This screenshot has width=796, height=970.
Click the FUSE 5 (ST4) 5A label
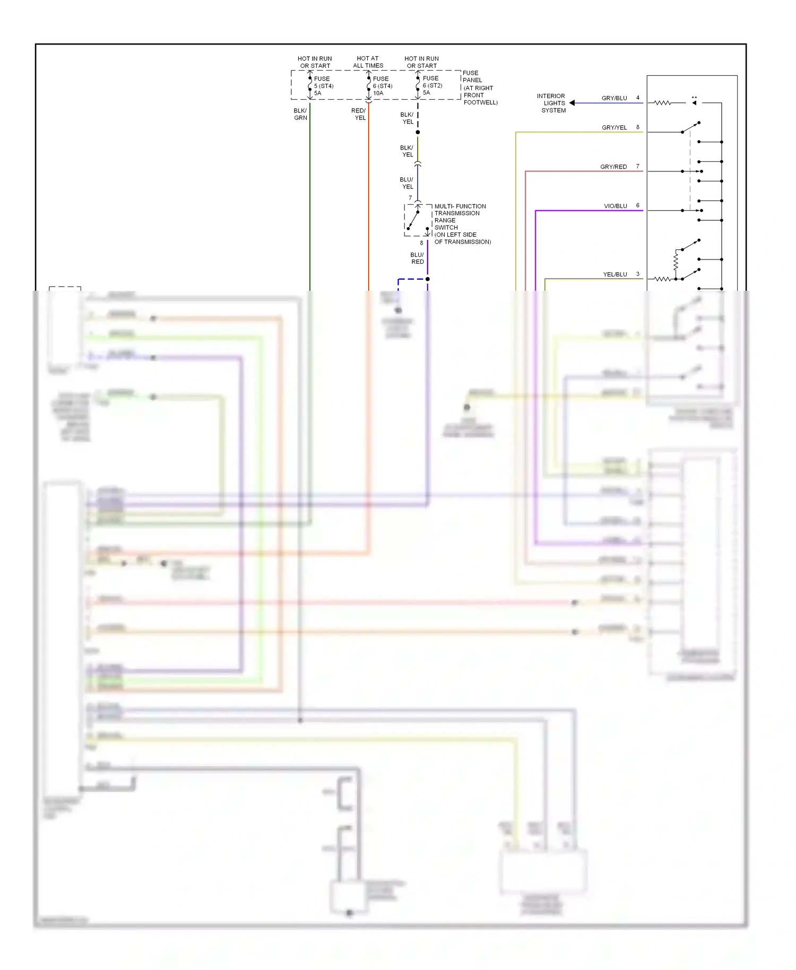tap(323, 86)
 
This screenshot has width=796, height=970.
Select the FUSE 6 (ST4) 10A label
tap(382, 86)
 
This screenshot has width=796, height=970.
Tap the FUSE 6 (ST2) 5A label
tap(432, 85)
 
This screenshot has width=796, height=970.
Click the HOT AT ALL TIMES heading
tap(368, 62)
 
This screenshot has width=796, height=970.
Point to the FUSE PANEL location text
tap(479, 88)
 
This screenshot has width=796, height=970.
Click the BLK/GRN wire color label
tap(300, 114)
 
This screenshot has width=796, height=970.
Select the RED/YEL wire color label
tap(359, 114)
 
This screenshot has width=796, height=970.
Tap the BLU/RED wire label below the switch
tap(417, 258)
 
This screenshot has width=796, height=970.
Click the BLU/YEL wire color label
tap(406, 183)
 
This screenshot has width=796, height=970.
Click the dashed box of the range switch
tap(418, 220)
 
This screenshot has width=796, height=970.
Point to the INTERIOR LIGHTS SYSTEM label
tap(552, 103)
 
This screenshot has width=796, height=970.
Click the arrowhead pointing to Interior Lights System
tap(572, 103)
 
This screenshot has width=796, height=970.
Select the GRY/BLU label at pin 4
tap(614, 98)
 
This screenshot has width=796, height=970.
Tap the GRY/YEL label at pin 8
tap(614, 127)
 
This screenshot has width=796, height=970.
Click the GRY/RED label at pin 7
tap(613, 167)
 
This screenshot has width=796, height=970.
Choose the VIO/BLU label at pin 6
tap(615, 206)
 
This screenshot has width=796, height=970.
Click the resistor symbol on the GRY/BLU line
tap(662, 103)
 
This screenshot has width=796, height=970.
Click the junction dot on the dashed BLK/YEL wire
tap(418, 132)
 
